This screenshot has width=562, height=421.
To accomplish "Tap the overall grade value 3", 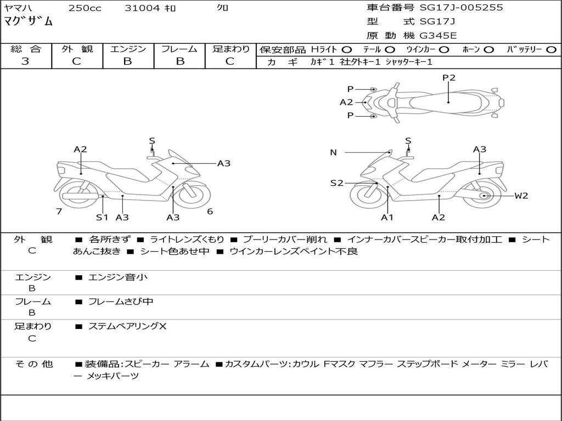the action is tap(25, 61).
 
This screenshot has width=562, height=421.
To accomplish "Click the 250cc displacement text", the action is tap(85, 8).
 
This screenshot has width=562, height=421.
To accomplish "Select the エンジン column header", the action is tap(128, 49).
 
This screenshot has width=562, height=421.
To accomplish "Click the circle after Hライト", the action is tap(347, 49).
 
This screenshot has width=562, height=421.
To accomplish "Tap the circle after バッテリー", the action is tap(551, 49).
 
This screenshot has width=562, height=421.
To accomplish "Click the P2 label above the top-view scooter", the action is tap(449, 78).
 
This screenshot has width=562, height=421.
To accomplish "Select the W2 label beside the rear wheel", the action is tap(521, 196).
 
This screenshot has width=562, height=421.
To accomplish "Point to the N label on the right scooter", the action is tap(333, 152).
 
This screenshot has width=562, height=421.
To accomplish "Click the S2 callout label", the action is tap(336, 183).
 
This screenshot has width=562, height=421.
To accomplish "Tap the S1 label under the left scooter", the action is tap(102, 217).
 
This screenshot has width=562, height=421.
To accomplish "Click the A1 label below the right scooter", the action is tap(387, 217).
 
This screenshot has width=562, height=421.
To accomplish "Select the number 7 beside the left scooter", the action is tap(59, 212).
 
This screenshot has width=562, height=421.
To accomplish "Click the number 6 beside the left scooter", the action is tap(210, 212).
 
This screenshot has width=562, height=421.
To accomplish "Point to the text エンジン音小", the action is tap(118, 277).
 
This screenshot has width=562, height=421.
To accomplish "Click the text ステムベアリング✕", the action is tap(127, 327).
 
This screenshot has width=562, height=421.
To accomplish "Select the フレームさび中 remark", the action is tap(121, 301).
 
